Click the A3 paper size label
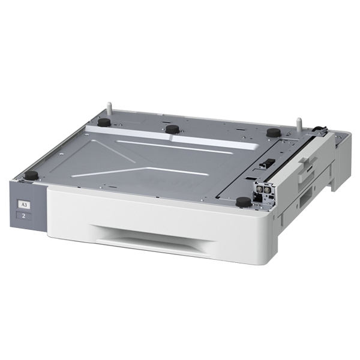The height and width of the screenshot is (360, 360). [x=25, y=204]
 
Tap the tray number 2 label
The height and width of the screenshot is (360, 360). [x=24, y=215]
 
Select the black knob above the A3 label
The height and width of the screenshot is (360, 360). [x=31, y=175]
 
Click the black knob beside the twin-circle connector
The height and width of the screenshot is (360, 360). [x=243, y=202]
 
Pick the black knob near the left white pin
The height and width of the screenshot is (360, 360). [x=104, y=122]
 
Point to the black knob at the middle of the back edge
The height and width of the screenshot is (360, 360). [x=172, y=129]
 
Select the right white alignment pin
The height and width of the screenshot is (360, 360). [x=298, y=124]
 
